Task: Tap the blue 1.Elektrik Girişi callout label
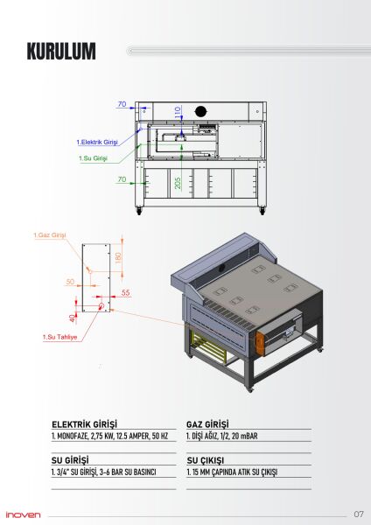97,142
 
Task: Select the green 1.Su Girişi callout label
94,158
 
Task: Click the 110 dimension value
178,112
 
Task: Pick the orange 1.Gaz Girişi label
50,235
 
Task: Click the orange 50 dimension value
70,282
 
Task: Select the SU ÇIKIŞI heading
206,458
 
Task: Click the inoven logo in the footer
24,514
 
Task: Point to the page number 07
359,514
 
